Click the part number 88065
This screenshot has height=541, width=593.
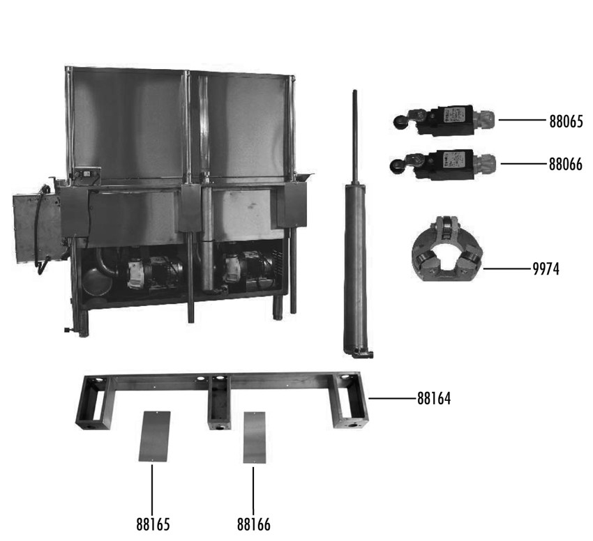tap(566, 122)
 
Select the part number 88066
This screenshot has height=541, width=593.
tap(566, 165)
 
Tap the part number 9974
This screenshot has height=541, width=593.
tap(546, 269)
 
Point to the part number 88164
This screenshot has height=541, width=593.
tap(434, 399)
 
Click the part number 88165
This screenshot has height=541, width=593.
tap(153, 524)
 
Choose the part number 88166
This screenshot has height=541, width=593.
tap(254, 524)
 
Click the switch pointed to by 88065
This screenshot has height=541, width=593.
tap(443, 119)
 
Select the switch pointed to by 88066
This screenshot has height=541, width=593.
tap(442, 164)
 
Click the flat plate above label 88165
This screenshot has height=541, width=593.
tap(154, 436)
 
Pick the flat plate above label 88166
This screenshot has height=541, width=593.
tap(254, 437)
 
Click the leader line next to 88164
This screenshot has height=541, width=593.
tap(393, 398)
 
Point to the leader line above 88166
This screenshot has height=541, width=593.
tap(253, 491)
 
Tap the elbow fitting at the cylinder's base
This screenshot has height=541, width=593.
tap(363, 354)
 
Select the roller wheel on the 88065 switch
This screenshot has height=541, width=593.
tap(399, 122)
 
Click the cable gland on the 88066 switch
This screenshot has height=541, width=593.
tap(486, 163)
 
